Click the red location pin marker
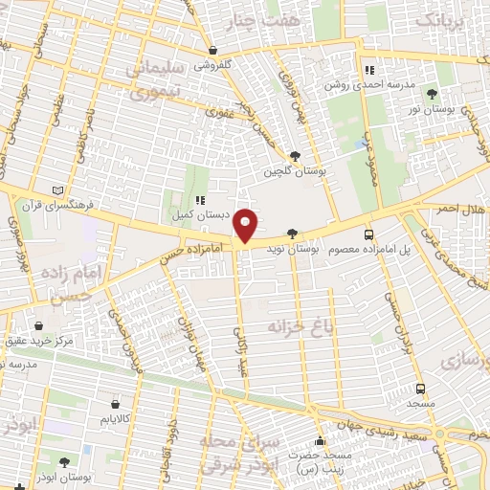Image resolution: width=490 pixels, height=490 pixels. coord(246,225)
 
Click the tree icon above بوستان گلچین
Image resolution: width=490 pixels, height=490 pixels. coord(296,155)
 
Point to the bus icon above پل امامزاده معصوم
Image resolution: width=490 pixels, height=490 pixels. coord(368,234)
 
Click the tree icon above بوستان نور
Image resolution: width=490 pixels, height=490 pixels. coord(433,94)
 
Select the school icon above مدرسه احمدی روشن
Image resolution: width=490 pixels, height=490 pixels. coord(369,69)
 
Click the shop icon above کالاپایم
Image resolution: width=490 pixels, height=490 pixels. coord(116,404)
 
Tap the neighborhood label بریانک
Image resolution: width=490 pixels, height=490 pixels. coord(448,20)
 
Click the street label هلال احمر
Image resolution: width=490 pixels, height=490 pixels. coord(461,208)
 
